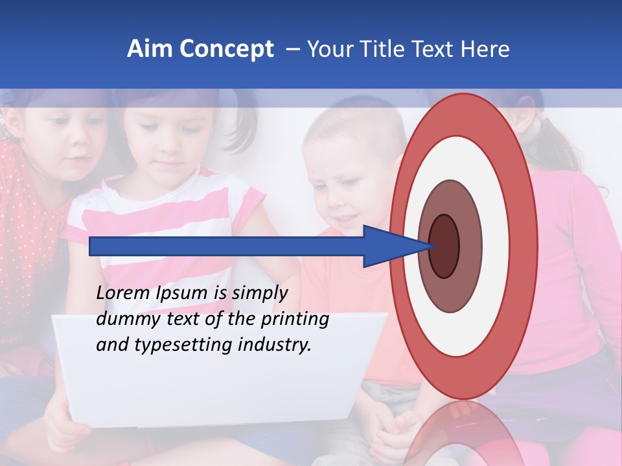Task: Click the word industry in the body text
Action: (x=275, y=344)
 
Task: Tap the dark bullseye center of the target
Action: (x=444, y=246)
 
